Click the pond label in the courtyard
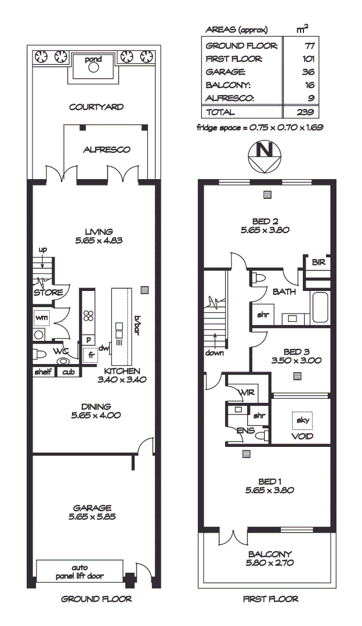(93, 59)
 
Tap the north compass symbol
(265, 154)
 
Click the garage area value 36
(308, 72)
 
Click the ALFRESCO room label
(106, 150)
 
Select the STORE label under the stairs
(48, 293)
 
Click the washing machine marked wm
(42, 318)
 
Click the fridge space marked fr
(91, 354)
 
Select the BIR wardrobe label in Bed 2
(318, 262)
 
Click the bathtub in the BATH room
(320, 307)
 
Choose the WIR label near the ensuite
(247, 392)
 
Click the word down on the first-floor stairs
(214, 353)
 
